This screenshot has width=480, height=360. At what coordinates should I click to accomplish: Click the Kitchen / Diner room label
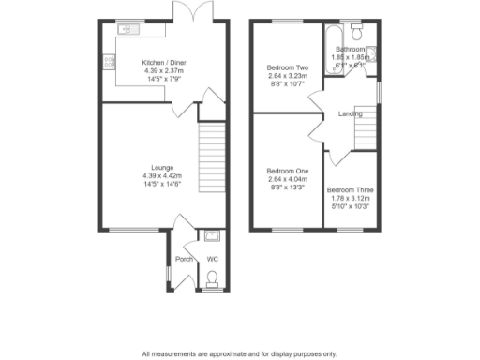coord(164,62)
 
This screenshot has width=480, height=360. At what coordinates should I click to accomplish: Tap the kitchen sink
coord(128,30)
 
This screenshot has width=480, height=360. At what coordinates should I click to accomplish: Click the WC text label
coord(212,258)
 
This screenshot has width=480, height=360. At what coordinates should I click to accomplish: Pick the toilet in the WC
coord(213,277)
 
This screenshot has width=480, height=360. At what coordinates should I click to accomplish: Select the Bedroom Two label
coord(288,68)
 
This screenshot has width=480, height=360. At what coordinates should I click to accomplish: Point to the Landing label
coord(352,115)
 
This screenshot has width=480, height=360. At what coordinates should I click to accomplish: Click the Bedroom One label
coord(288,170)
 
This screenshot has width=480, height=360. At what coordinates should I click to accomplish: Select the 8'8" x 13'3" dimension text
coord(288,187)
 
